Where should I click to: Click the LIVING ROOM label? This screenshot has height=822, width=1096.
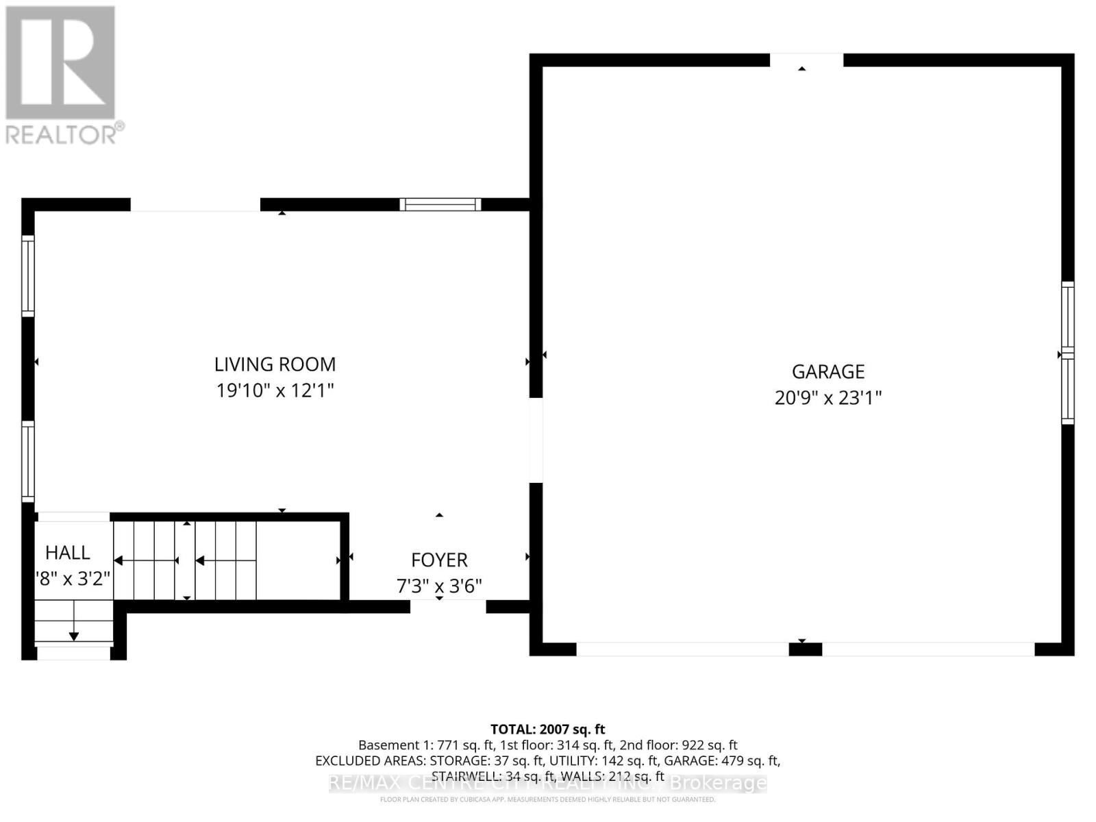pos(275,364)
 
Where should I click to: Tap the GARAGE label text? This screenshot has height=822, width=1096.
pos(828,372)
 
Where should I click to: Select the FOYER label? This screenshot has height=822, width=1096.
pos(439,560)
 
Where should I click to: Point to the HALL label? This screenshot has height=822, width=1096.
pos(68,553)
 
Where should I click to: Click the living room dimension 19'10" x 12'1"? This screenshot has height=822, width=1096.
pos(275,391)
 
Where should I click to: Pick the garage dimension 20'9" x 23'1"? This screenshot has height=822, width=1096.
pos(828,398)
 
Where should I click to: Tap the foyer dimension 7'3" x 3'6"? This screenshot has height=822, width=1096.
pos(439,586)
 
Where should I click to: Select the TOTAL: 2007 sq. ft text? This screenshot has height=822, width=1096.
pos(547,730)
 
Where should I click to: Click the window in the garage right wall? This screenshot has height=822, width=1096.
pos(1067,353)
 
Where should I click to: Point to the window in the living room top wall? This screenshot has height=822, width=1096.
pos(440,204)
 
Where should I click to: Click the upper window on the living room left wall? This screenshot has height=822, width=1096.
pos(28,275)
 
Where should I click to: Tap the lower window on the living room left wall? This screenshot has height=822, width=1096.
pos(28,460)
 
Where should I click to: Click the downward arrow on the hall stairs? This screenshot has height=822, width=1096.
pos(74,636)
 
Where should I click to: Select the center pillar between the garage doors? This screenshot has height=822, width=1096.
pos(805,649)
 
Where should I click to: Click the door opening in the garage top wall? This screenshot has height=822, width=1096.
pos(806,60)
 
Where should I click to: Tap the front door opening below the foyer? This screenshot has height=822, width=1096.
pos(448,606)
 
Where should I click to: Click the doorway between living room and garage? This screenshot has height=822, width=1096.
pos(536,440)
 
